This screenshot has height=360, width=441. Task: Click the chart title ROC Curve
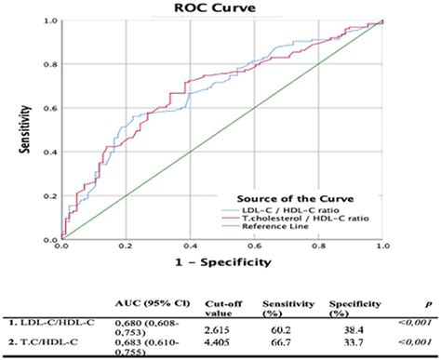(x=220, y=7)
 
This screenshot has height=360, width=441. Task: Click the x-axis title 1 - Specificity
(x=221, y=262)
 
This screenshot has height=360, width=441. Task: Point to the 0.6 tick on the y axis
(x=50, y=108)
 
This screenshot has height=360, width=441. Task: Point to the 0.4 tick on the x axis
(x=189, y=247)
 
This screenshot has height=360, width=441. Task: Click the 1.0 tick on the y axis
(x=50, y=20)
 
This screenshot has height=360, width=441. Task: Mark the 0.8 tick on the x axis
(x=317, y=247)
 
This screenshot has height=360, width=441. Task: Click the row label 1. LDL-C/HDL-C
(x=47, y=324)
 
